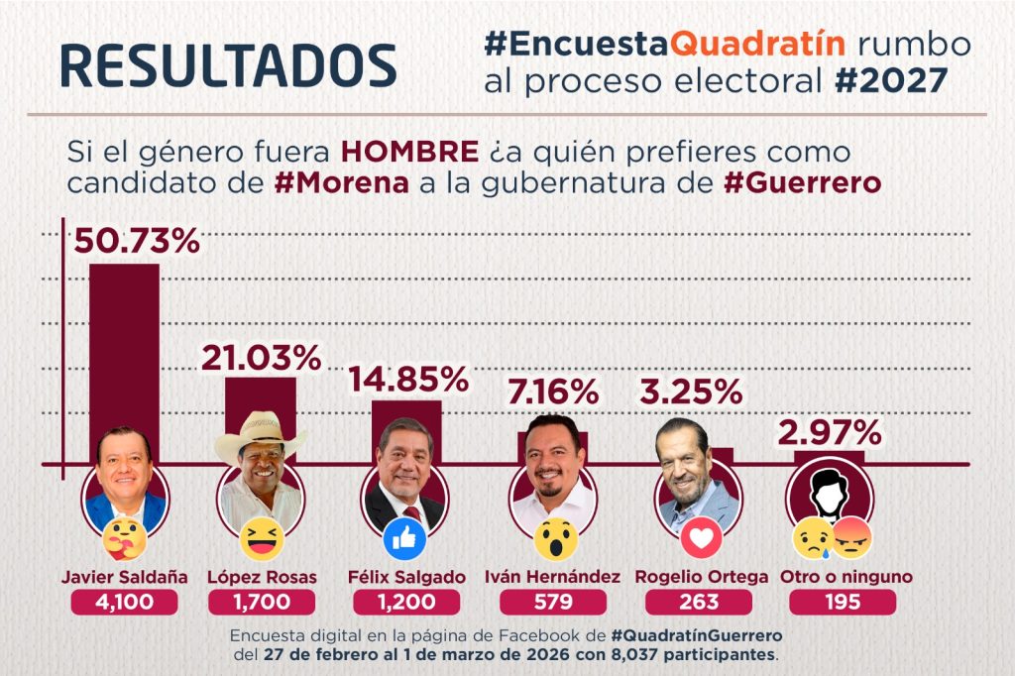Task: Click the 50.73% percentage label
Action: [x=137, y=241]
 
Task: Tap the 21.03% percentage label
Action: [x=261, y=358]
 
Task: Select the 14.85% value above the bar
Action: [x=408, y=380]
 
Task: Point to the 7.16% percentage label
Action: [x=553, y=393]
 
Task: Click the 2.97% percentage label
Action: [x=830, y=432]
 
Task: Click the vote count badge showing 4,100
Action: [x=124, y=603]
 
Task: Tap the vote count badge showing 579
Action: [x=553, y=603]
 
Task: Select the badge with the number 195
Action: [x=843, y=603]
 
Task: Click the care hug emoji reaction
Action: [x=124, y=539]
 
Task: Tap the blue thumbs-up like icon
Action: [x=404, y=539]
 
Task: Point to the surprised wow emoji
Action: [x=556, y=539]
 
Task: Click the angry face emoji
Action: [x=852, y=539]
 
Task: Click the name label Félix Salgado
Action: [x=406, y=577]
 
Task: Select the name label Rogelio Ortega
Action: [x=702, y=577]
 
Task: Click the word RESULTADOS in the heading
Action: [x=229, y=65]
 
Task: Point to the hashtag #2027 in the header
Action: [x=891, y=81]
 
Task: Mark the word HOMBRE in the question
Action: [x=409, y=153]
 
